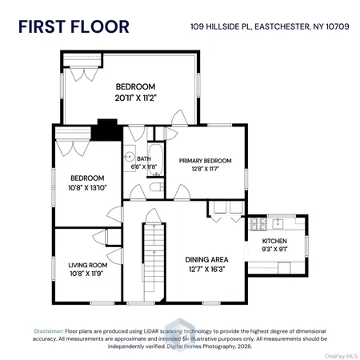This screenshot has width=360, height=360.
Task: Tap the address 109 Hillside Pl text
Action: pyautogui.click(x=269, y=26)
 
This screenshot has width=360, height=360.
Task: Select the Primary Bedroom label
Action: pyautogui.click(x=205, y=161)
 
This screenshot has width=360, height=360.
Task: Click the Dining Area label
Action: pyautogui.click(x=206, y=259)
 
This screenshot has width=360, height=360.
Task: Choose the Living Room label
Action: pyautogui.click(x=87, y=265)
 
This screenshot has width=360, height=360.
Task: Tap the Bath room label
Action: pyautogui.click(x=144, y=159)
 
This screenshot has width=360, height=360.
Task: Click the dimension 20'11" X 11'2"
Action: pyautogui.click(x=134, y=97)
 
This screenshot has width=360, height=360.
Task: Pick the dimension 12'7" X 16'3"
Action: pyautogui.click(x=206, y=270)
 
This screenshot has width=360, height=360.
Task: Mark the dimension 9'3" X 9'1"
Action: pyautogui.click(x=275, y=250)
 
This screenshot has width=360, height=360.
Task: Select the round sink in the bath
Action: pyautogui.click(x=128, y=158)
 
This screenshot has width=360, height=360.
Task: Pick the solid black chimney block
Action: pyautogui.click(x=105, y=130)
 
